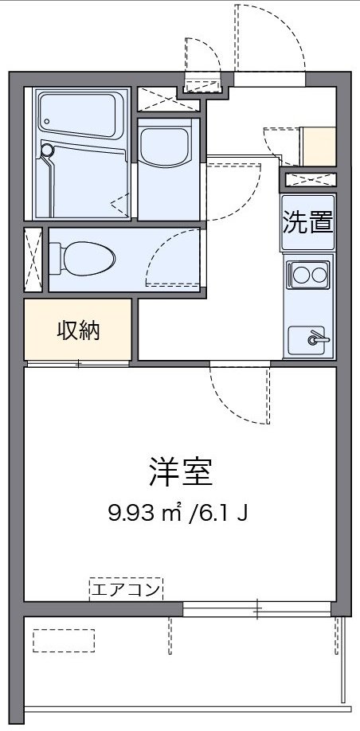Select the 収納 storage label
coord(78,330)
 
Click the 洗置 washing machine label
coord(307,222)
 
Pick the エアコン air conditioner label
coord(126,590)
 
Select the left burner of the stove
coord(300,276)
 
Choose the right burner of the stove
coord(319,276)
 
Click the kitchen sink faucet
coord(316,338)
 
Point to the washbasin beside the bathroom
coord(164,145)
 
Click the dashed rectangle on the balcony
coord(64,641)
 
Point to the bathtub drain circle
coord(46,149)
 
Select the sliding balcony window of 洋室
coord(256,611)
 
